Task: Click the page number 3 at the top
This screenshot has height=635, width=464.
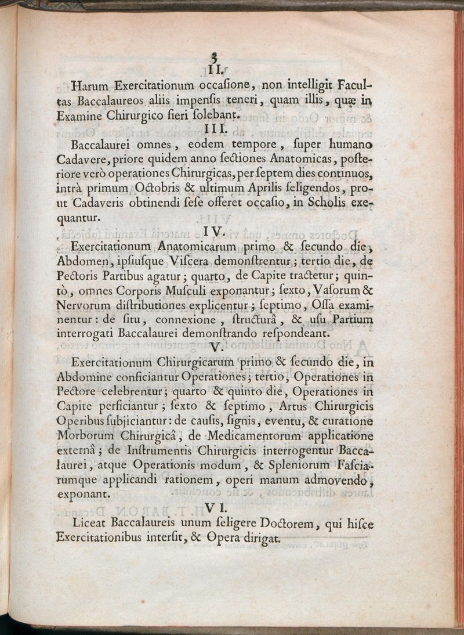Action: pos(215,57)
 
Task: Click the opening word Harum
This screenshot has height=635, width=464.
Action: pos(90,86)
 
